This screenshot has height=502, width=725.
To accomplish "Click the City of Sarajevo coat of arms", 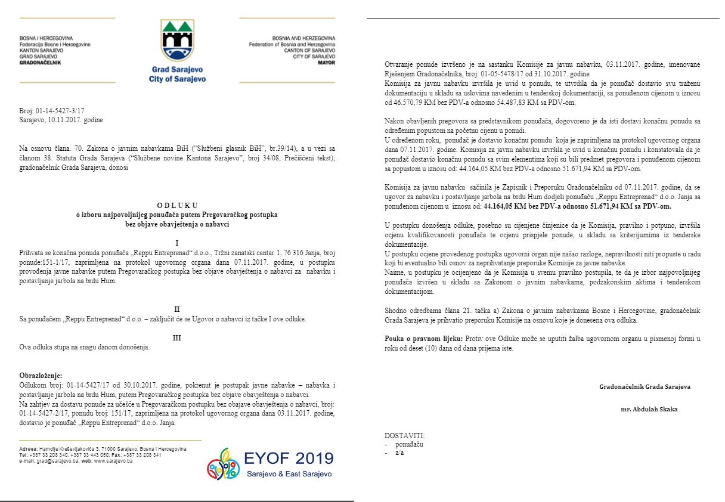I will [x=177, y=39].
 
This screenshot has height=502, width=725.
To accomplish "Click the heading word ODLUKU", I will [x=177, y=204].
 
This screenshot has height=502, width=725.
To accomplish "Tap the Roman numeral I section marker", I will [x=177, y=243].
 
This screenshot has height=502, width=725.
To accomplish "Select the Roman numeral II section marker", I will [x=177, y=309].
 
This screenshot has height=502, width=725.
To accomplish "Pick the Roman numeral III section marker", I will [x=177, y=337].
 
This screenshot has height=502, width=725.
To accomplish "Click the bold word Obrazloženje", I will [x=41, y=376].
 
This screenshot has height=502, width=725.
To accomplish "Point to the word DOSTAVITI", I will [x=405, y=436].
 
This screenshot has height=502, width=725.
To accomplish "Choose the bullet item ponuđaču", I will [x=410, y=445].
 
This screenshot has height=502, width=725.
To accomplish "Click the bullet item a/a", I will [x=400, y=453].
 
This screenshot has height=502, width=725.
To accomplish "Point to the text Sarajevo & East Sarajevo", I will [x=289, y=474].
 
